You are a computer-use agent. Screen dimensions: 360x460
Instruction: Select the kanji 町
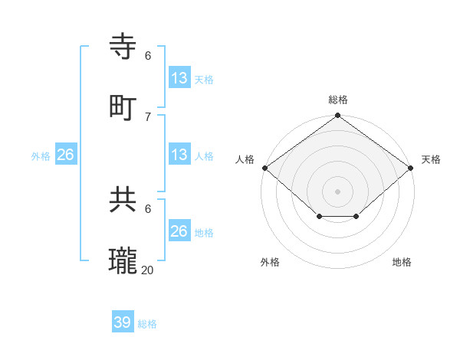tap(123, 108)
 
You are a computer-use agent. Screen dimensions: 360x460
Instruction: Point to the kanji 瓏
tap(123, 261)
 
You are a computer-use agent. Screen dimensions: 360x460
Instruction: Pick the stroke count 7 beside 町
tap(148, 116)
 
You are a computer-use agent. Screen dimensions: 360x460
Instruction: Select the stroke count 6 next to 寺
tap(148, 56)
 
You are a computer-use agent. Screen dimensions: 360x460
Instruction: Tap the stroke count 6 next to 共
tap(148, 208)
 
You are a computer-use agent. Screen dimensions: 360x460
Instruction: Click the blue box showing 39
tap(123, 322)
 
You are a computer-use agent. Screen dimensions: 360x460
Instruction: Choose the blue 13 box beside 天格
tap(179, 78)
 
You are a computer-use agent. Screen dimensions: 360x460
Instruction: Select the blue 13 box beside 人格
tap(179, 155)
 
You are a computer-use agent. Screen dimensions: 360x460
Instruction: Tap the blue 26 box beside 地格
tap(179, 231)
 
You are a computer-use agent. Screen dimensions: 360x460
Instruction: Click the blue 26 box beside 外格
tap(65, 155)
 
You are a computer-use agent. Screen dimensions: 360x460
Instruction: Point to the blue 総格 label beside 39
tap(147, 324)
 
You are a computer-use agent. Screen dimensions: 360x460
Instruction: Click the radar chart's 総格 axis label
tap(338, 100)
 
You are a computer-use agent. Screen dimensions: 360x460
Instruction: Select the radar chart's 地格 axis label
tap(402, 262)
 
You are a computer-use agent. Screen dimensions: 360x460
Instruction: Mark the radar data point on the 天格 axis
tap(412, 168)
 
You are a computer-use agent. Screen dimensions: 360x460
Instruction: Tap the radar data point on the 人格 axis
tap(264, 168)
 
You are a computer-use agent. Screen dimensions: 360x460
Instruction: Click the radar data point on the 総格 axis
tap(338, 116)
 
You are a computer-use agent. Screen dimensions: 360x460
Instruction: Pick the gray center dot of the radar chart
tap(338, 191)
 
